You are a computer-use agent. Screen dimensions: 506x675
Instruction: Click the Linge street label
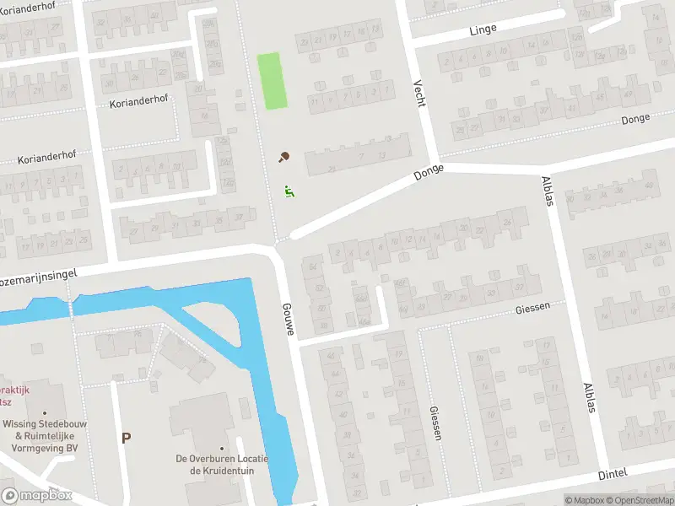(x=483, y=30)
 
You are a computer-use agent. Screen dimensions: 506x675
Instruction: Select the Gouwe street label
(x=288, y=319)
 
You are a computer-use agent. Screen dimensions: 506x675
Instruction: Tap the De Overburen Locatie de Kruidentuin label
(x=222, y=465)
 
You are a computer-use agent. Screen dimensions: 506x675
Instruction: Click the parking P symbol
(x=126, y=439)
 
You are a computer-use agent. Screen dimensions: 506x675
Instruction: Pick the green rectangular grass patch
(x=272, y=81)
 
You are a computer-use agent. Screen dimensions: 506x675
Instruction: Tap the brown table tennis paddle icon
(x=284, y=157)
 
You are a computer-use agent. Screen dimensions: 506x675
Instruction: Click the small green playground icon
(x=289, y=191)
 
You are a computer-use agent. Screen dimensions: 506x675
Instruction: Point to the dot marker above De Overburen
(x=222, y=449)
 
